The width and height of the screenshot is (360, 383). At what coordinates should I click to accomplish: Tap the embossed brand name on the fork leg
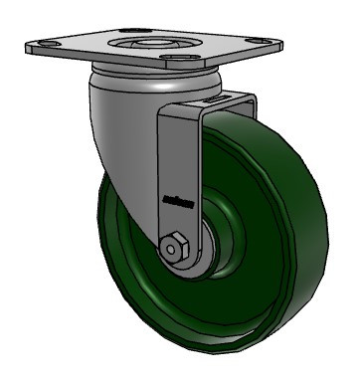(x=175, y=199)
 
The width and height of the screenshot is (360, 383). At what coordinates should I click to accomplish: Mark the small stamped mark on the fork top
(x=207, y=101)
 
